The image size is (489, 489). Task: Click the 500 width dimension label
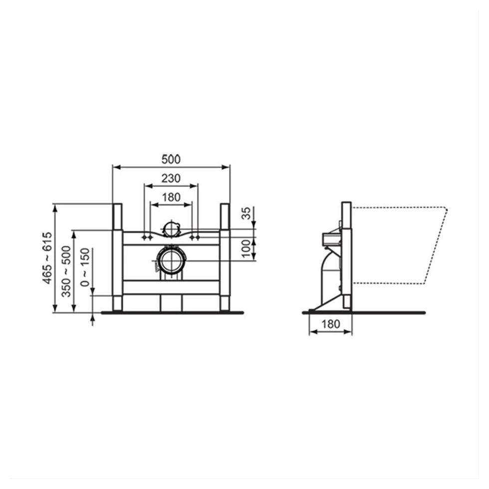tap(171, 159)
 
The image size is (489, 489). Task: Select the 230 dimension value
tap(171, 179)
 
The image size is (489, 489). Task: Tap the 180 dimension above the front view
tap(171, 197)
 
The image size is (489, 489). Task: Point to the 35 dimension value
tap(246, 214)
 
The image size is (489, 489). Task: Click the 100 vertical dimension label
tap(246, 248)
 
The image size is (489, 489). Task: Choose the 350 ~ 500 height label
tap(66, 271)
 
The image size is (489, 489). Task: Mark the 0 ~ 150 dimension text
tap(85, 267)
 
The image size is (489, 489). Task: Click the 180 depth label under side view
tap(330, 324)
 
